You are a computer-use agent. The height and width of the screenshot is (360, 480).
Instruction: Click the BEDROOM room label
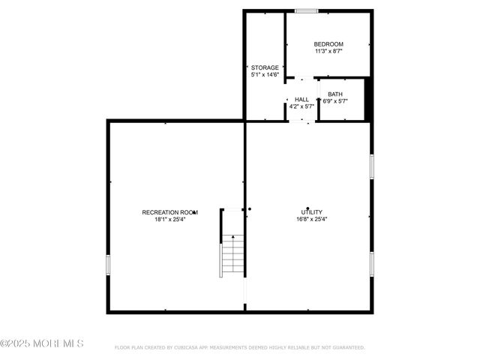(328, 44)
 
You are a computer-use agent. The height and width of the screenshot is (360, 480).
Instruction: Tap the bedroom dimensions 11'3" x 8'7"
(328, 52)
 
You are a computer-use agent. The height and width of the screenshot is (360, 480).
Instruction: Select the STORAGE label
(265, 67)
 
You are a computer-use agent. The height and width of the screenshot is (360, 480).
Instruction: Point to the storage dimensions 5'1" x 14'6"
(265, 75)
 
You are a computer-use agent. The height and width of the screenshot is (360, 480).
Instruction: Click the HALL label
(301, 99)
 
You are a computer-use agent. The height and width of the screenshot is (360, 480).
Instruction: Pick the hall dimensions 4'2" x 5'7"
(301, 106)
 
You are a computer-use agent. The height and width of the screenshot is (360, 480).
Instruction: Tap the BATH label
(334, 94)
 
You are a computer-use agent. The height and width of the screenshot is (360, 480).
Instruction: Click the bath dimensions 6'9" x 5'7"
(335, 101)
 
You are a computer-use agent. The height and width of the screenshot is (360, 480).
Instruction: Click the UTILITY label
(311, 212)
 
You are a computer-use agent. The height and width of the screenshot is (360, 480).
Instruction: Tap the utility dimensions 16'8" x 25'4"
(311, 220)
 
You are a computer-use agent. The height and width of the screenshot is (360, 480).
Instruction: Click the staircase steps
(233, 255)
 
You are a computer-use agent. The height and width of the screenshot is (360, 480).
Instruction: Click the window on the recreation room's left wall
(108, 265)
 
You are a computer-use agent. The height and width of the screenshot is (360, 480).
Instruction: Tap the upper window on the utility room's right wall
(371, 166)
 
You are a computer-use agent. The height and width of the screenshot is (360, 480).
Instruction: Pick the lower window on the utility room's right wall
(371, 263)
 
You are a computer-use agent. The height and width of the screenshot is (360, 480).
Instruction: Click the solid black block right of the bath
(368, 98)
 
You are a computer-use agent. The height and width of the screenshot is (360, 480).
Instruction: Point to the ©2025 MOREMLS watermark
(42, 343)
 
